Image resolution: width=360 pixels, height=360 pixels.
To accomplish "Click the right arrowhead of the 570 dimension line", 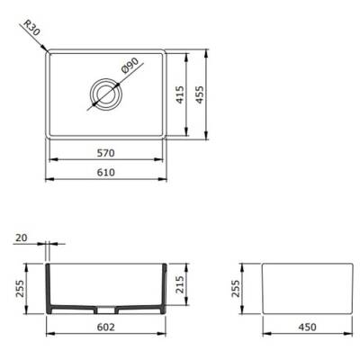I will (162, 158).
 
